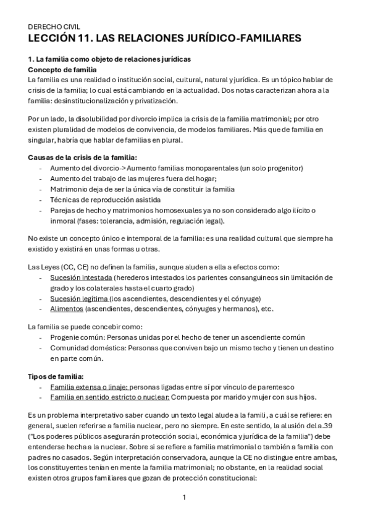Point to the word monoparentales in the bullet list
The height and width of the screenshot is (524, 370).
pyautogui.click(x=218, y=168)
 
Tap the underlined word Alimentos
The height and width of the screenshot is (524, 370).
pyautogui.click(x=66, y=309)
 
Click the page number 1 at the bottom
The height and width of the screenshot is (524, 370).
pyautogui.click(x=184, y=497)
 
